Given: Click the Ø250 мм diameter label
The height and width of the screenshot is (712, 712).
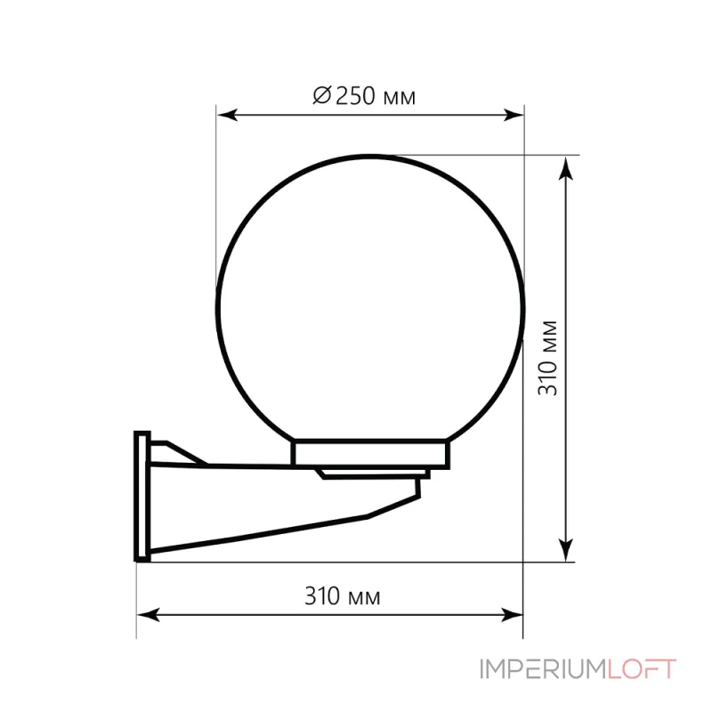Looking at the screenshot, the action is pos(364,96).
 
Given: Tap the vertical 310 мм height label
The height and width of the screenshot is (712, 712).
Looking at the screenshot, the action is pos(547,358).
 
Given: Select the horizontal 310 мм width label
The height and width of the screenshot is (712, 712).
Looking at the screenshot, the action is pos(343,596).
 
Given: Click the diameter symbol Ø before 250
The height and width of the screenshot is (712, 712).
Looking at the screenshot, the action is pos(322,95).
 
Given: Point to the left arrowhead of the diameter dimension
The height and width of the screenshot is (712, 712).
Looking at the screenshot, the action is pos(227,115).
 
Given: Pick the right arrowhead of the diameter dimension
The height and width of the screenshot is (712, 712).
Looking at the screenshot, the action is pos(514,115).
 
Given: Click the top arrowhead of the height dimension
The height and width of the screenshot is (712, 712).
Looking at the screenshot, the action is pos(566,168).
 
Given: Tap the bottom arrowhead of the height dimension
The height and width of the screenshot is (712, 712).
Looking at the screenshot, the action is pos(566,550).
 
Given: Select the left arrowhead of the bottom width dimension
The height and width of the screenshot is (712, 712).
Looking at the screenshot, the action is pos(148,615).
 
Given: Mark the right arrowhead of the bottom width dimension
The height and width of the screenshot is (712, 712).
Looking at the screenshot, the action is pos(512,615).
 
